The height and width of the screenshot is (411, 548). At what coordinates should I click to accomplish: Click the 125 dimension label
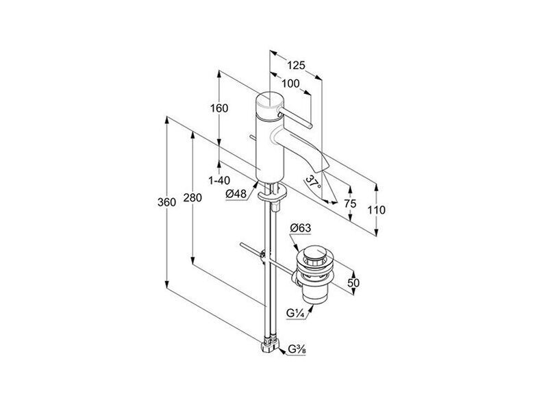[296, 65]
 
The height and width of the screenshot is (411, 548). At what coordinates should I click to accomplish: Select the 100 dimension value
[290, 84]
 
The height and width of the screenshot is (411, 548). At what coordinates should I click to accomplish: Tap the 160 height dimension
[219, 108]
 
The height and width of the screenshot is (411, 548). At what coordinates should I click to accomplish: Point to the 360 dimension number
[166, 202]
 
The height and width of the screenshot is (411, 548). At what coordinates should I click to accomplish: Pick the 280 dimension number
[192, 198]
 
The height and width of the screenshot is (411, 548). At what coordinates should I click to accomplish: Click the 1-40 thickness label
[219, 181]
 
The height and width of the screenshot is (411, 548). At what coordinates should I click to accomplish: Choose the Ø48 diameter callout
[236, 194]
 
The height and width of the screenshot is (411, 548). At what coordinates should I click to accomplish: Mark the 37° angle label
[313, 182]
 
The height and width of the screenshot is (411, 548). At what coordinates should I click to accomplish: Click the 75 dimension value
[350, 203]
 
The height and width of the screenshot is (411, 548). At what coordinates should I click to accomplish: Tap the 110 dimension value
[376, 210]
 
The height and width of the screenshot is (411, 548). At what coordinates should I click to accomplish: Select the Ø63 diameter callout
[300, 228]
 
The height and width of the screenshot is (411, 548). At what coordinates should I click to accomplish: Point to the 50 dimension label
[353, 282]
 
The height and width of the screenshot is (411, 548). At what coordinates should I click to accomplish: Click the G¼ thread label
[294, 314]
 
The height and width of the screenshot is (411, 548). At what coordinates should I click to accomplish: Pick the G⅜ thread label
[297, 349]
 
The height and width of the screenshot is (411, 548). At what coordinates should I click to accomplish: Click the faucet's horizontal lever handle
[295, 118]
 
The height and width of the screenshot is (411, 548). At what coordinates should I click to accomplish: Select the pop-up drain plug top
[314, 252]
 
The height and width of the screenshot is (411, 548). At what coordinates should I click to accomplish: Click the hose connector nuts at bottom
[270, 345]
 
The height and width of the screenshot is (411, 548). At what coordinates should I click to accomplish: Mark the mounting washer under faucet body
[273, 194]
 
